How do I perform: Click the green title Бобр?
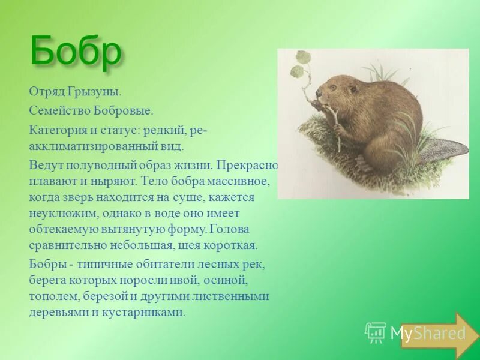pyautogui.click(x=76, y=52)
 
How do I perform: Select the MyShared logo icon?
pyautogui.click(x=376, y=332)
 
